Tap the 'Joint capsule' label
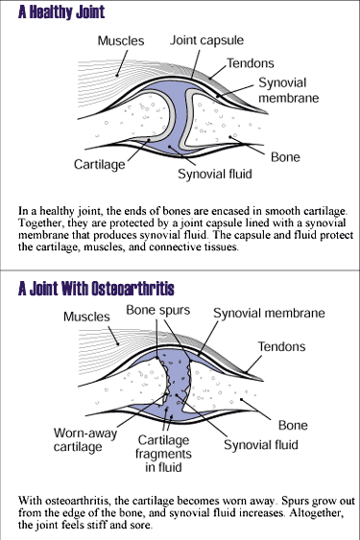tap(207, 41)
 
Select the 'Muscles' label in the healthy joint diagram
tap(121, 41)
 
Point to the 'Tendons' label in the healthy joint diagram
tap(251, 63)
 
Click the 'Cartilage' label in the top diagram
tap(101, 165)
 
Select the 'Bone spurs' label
tap(159, 312)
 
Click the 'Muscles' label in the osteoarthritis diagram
tap(86, 317)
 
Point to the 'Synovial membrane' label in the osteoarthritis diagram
tap(269, 314)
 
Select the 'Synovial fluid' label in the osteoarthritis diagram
tap(261, 445)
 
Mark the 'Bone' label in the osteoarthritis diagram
tap(293, 425)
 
